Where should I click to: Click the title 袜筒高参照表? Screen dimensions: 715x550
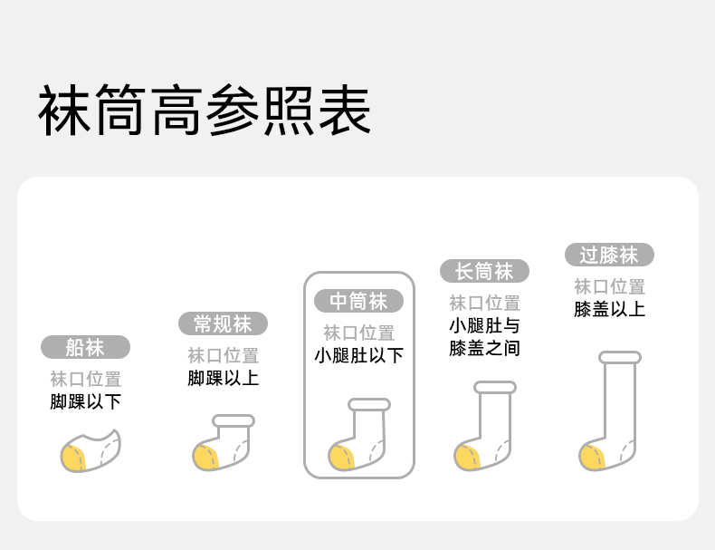click(205, 111)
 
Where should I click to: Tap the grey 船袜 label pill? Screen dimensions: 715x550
click(86, 347)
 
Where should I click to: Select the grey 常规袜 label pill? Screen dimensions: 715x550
click(223, 323)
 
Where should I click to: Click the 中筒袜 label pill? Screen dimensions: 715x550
click(358, 301)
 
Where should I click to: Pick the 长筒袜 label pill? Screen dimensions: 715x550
click(484, 271)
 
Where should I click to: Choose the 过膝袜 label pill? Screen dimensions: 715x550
click(609, 255)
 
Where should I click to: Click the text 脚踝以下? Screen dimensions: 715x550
click(86, 401)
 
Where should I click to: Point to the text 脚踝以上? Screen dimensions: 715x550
click(223, 378)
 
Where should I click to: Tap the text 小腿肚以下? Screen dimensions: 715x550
click(358, 355)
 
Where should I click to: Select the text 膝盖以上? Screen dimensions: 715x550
click(609, 309)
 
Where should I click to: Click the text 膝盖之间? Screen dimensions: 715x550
click(484, 348)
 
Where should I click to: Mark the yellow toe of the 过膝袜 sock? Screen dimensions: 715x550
click(593, 456)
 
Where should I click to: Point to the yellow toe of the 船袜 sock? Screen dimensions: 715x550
click(73, 458)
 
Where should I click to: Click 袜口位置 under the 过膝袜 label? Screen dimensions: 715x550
click(609, 287)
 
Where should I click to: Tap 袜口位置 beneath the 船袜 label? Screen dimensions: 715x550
click(86, 380)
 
